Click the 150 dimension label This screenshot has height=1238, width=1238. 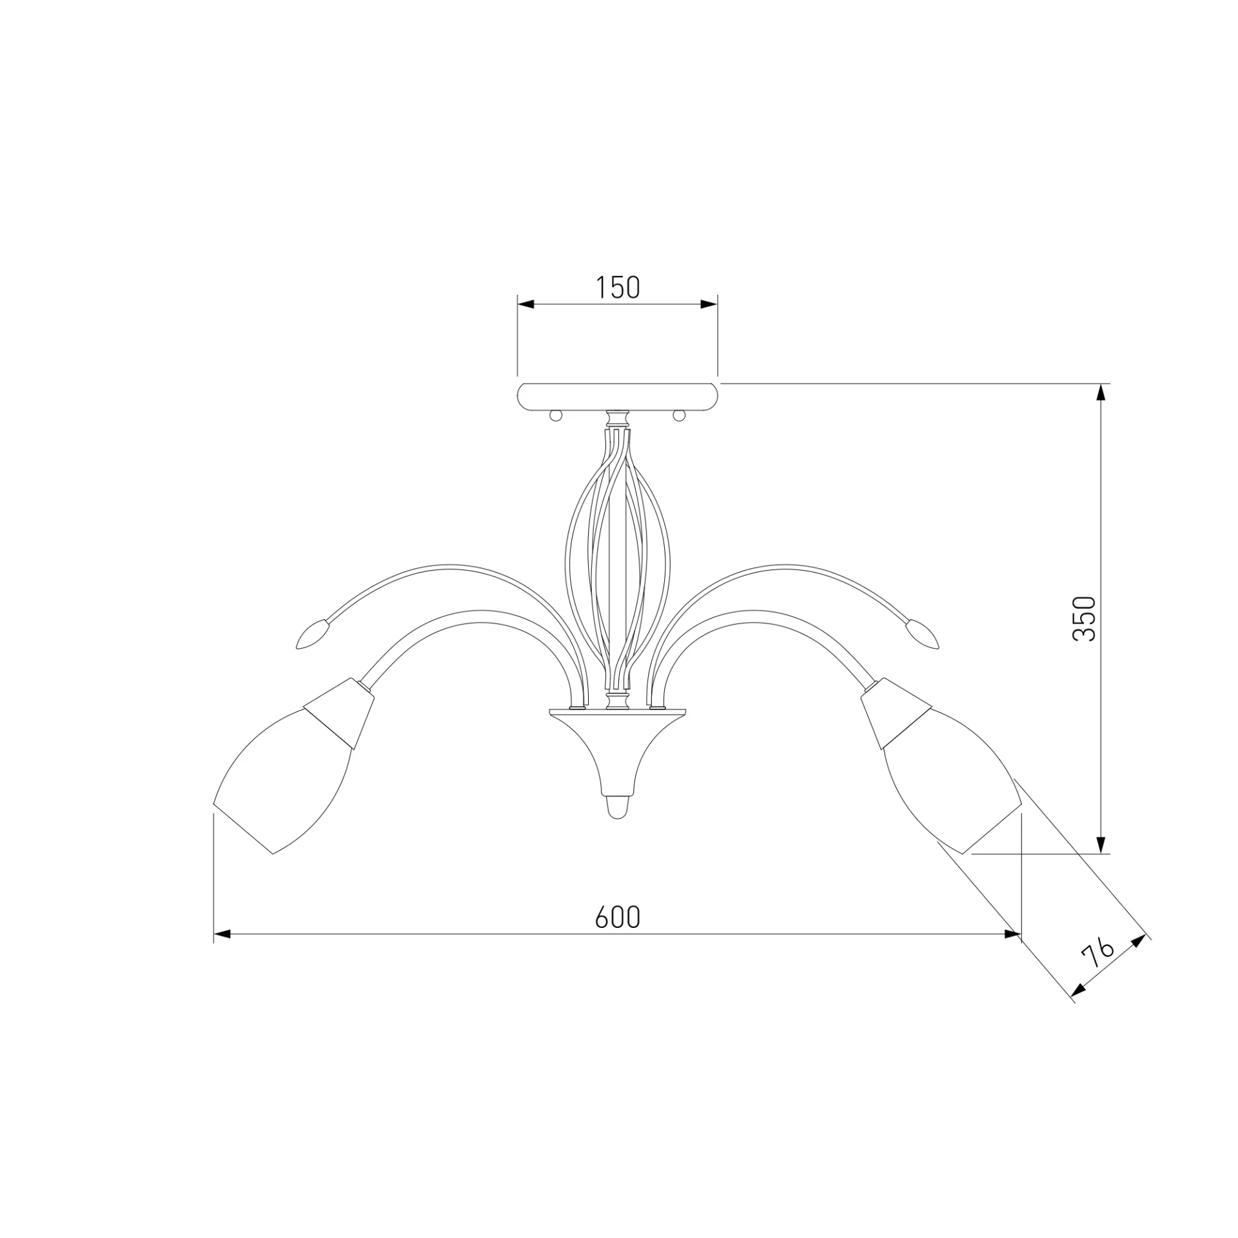click(x=617, y=288)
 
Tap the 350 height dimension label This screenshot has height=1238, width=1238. click(x=1084, y=618)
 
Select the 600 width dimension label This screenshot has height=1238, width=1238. click(x=618, y=917)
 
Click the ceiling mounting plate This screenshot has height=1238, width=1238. click(x=618, y=396)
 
